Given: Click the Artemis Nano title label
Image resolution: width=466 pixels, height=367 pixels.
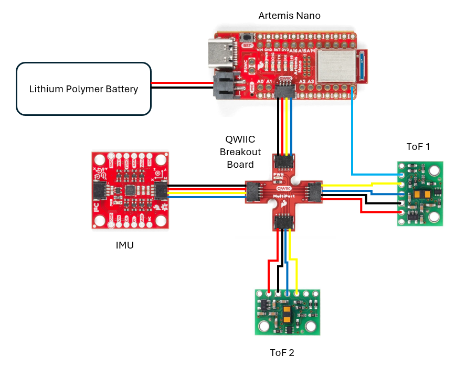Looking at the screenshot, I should tap(289, 16).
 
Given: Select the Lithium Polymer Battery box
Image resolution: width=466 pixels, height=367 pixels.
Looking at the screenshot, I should tap(83, 89).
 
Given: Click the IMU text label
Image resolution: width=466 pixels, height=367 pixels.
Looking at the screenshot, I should tap(124, 244).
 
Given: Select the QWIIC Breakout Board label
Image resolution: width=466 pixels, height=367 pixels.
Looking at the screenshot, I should tap(240, 152).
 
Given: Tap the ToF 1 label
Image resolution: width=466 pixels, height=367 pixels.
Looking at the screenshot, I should tap(418, 146).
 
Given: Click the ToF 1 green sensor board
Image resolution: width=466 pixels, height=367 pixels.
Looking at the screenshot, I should tap(420, 193).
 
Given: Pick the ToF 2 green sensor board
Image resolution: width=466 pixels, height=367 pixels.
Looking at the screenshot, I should tap(288, 312).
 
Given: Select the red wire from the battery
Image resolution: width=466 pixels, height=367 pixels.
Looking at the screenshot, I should tap(181, 83).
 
